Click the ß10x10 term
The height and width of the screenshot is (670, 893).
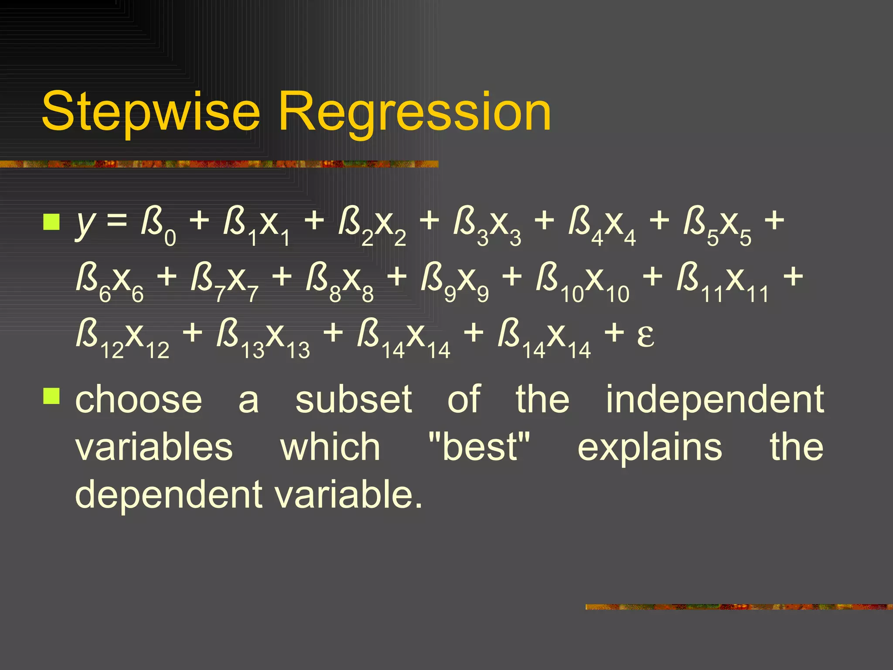pyautogui.click(x=583, y=281)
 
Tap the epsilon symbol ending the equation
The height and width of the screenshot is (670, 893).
pyautogui.click(x=645, y=336)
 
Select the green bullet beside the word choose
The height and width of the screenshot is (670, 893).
pyautogui.click(x=51, y=396)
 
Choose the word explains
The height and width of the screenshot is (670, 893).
pyautogui.click(x=650, y=448)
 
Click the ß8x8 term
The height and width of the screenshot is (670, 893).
pyautogui.click(x=340, y=281)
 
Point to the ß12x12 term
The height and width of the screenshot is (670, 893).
pyautogui.click(x=123, y=338)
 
